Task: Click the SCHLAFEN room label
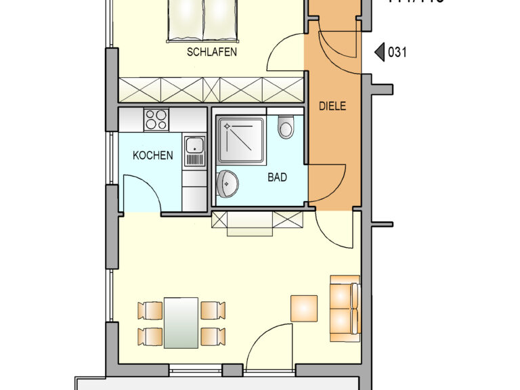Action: [x=212, y=51]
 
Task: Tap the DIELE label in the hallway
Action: [x=332, y=106]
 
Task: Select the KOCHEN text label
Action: [x=152, y=156]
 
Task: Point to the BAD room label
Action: [x=277, y=177]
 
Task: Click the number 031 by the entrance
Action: [x=397, y=51]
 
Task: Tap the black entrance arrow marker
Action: [x=379, y=51]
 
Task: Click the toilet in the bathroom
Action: [x=286, y=127]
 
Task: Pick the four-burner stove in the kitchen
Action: [x=156, y=120]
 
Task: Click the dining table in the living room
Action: [x=181, y=322]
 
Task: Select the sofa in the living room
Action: [x=345, y=308]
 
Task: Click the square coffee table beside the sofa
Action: [x=304, y=308]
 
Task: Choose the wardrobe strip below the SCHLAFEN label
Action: [x=211, y=89]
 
